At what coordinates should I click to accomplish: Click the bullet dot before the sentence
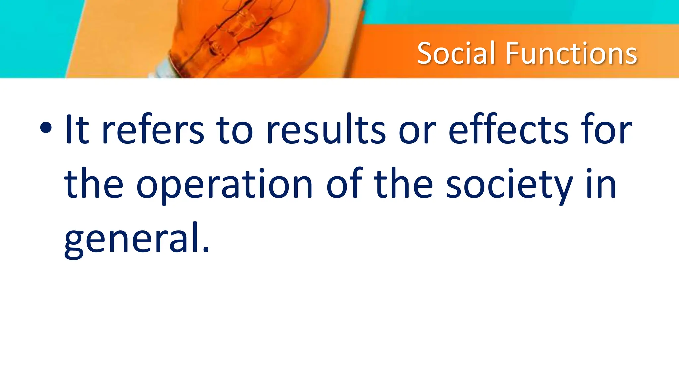point(45,128)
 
